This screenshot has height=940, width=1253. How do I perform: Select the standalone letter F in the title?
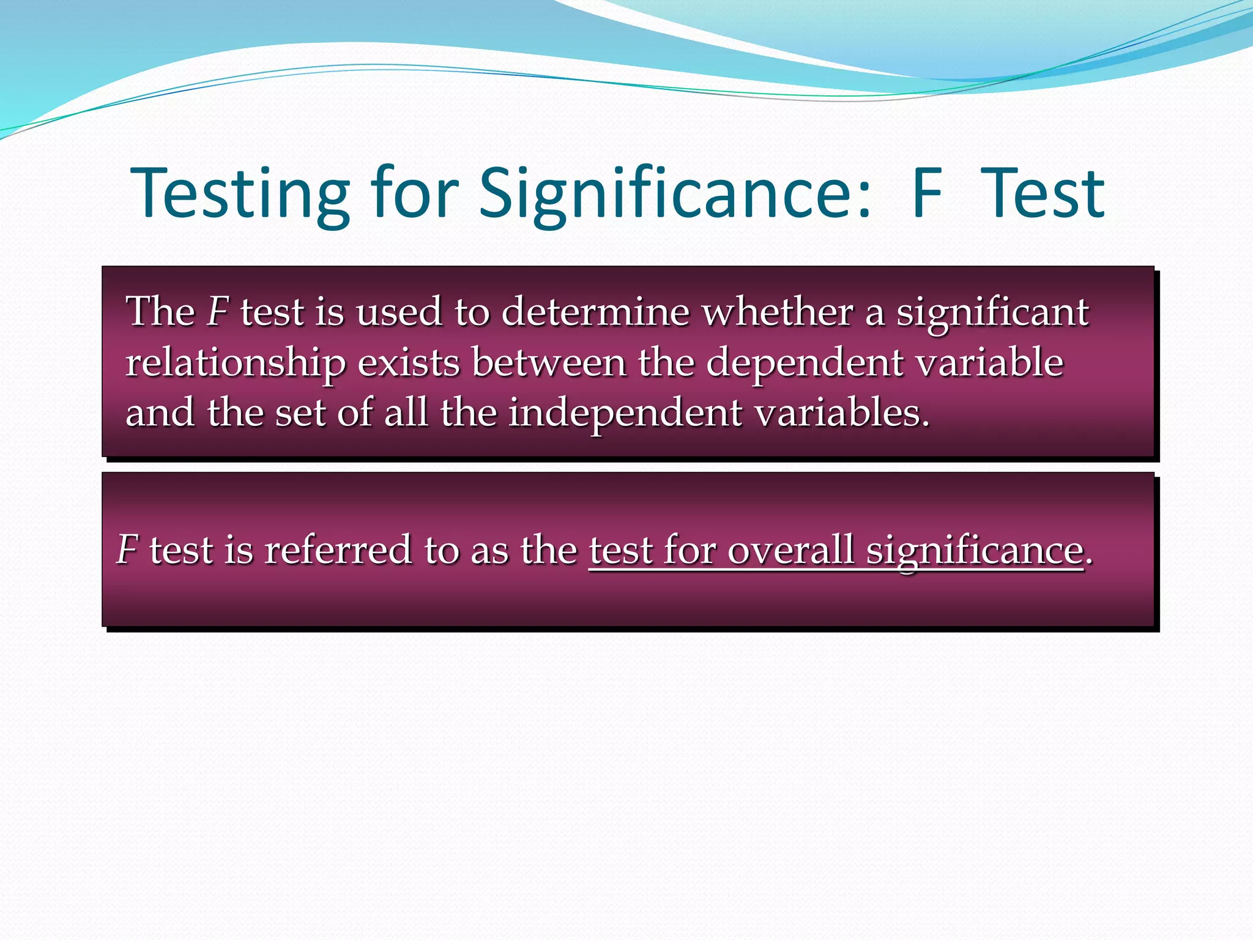click(x=926, y=195)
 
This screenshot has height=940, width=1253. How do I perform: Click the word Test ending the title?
click(x=1043, y=195)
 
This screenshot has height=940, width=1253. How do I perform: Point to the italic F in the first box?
click(x=217, y=312)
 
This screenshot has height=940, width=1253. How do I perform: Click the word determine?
click(x=595, y=312)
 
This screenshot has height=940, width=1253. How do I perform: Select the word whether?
click(x=777, y=312)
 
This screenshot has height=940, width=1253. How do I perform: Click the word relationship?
click(x=235, y=364)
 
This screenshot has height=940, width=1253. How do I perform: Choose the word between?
click(x=549, y=362)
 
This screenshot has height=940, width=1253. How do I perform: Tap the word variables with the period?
click(x=842, y=412)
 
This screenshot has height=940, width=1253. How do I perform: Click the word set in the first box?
click(x=300, y=414)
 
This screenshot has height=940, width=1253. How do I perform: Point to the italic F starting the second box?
click(x=127, y=550)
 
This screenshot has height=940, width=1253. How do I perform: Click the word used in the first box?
click(x=398, y=312)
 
